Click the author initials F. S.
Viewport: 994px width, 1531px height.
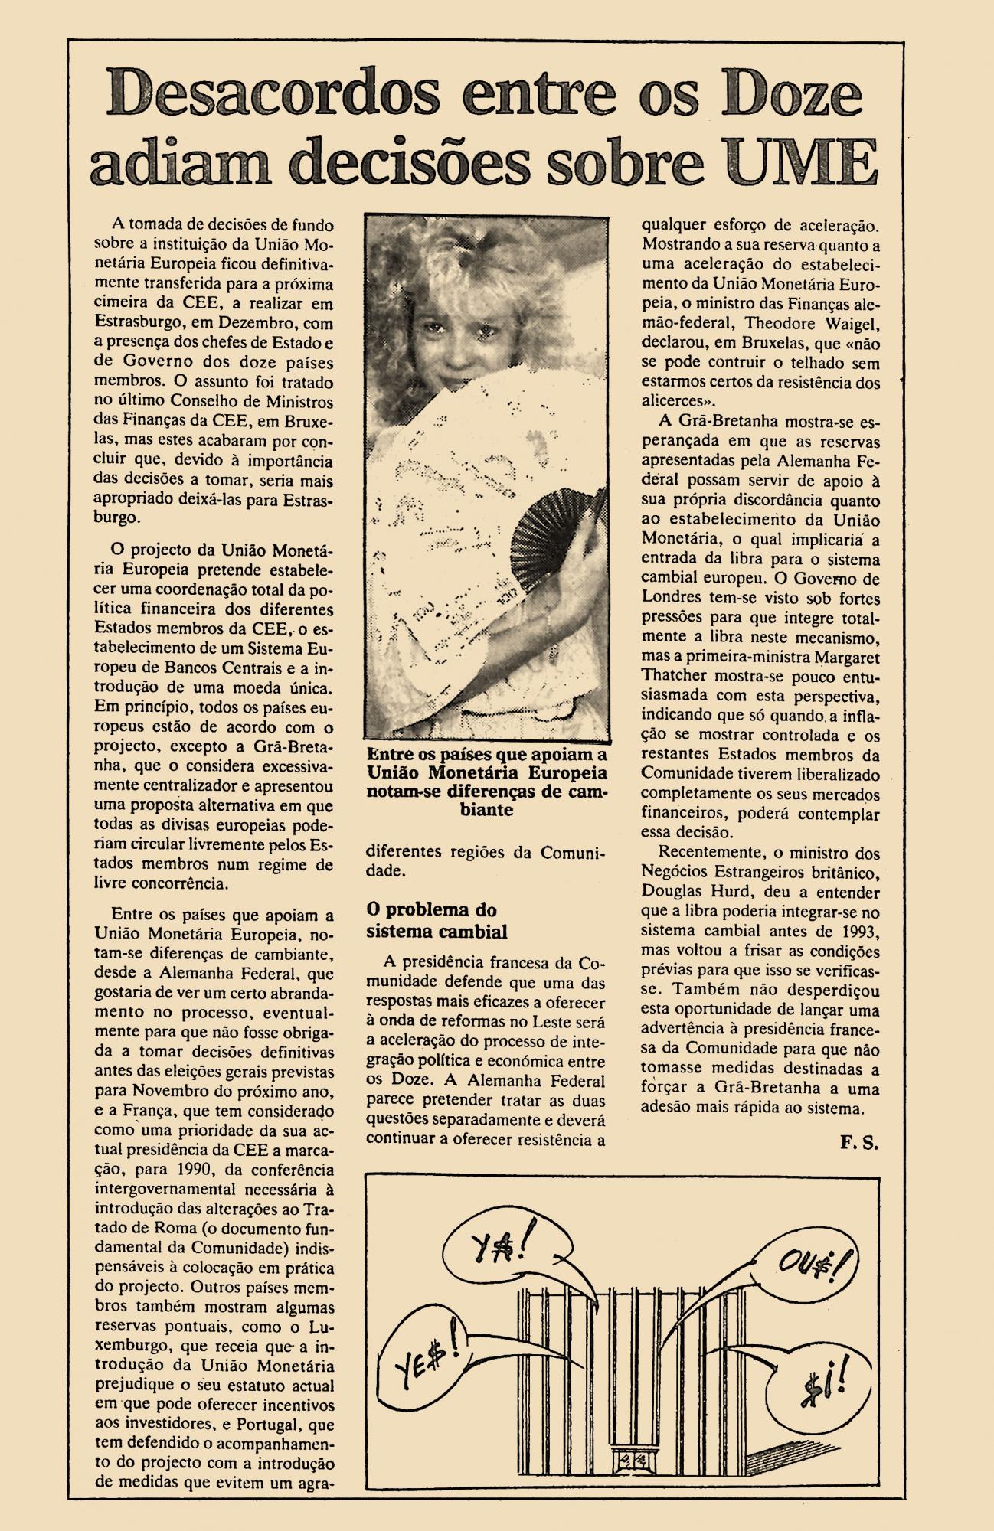pyautogui.click(x=858, y=1143)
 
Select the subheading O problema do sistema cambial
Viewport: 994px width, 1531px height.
pyautogui.click(x=437, y=921)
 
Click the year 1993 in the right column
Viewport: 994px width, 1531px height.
pyautogui.click(x=862, y=932)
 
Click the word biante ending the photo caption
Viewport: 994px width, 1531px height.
pyautogui.click(x=487, y=809)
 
